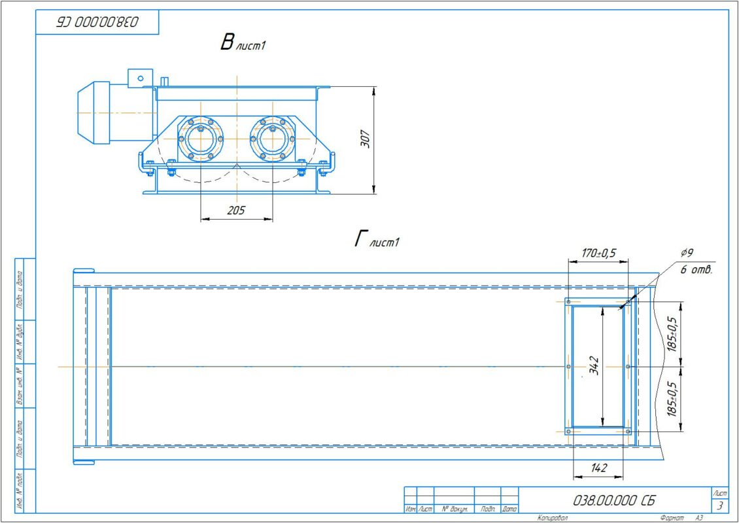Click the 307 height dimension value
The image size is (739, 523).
[x=366, y=139]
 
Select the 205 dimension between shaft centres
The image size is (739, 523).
[x=235, y=210]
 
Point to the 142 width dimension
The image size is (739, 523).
[x=598, y=467]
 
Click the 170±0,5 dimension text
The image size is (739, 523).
[x=598, y=253]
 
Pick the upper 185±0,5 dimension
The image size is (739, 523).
[x=672, y=334]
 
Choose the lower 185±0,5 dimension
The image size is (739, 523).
[x=672, y=399]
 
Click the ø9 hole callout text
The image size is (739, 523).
[x=687, y=253]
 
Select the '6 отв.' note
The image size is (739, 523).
[x=696, y=271]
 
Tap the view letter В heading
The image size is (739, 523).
[x=227, y=43]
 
